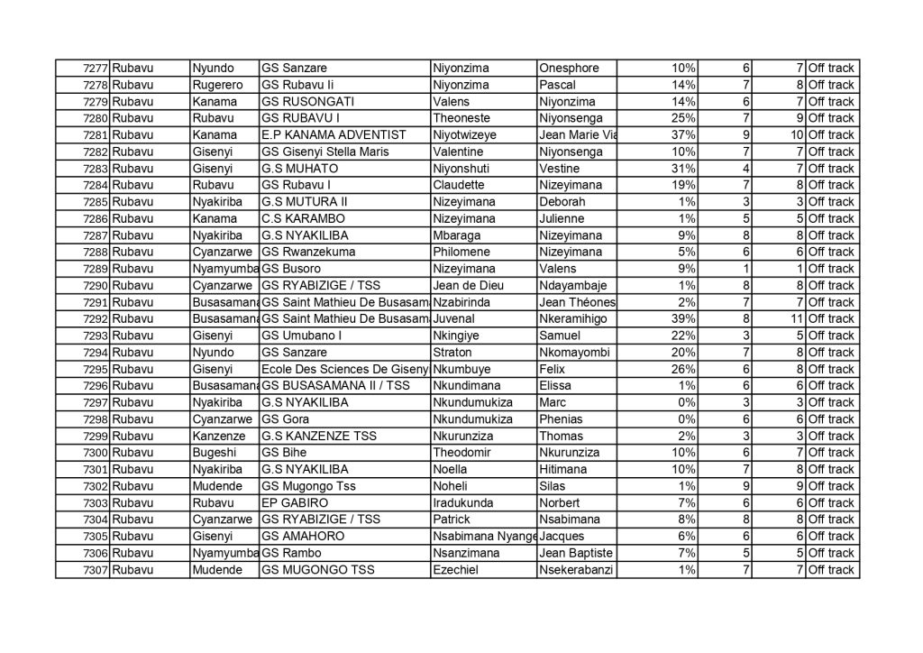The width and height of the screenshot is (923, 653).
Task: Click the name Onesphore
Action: (568, 69)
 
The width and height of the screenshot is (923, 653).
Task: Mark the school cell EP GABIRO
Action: (294, 502)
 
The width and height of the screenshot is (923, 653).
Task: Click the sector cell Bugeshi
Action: (213, 452)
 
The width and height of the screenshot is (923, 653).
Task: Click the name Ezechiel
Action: (457, 569)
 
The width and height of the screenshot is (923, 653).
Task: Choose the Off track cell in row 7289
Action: (830, 269)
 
